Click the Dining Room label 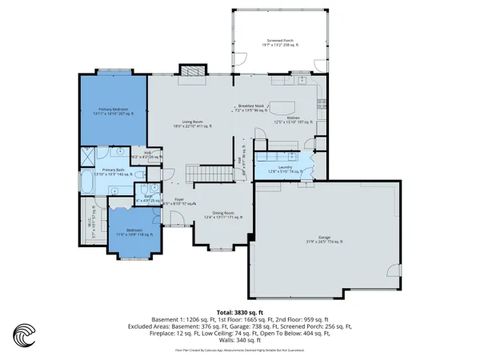click(212, 212)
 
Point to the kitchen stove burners click(322, 102)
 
